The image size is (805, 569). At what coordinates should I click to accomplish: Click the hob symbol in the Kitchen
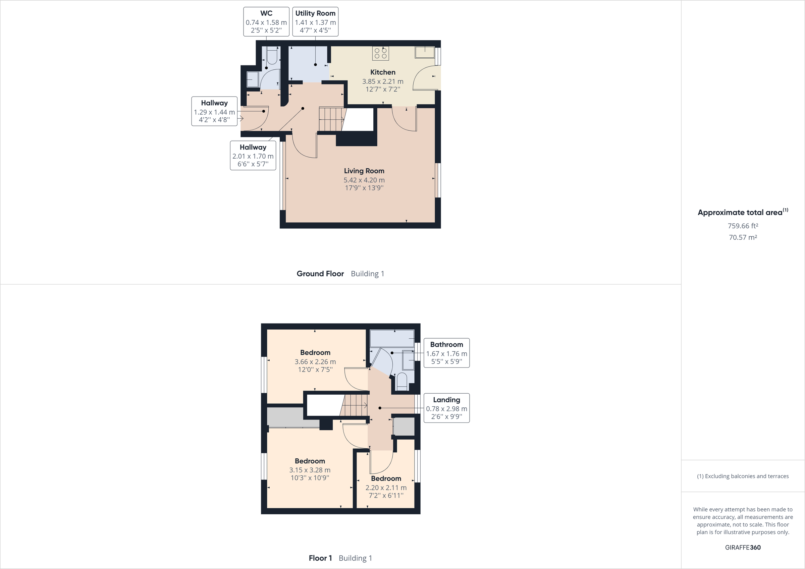[380, 53]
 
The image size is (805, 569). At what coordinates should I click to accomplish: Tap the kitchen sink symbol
[425, 53]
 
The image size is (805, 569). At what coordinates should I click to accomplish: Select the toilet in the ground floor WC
[272, 56]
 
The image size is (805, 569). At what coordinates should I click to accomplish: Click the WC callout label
[266, 21]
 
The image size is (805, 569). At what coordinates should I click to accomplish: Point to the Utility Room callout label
[315, 21]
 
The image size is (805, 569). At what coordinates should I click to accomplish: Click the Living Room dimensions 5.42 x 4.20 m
[364, 180]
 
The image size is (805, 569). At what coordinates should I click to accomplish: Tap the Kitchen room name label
[382, 72]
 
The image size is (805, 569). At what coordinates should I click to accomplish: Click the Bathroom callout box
[446, 353]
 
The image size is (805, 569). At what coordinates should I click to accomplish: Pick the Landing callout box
[446, 408]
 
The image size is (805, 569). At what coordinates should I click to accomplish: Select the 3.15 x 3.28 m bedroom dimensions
[310, 470]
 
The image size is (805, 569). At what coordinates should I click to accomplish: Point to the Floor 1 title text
[320, 558]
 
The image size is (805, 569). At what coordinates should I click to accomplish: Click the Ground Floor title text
[320, 274]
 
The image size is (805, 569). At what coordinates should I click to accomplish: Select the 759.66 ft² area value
[743, 226]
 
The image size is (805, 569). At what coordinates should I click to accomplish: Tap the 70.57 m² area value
[743, 237]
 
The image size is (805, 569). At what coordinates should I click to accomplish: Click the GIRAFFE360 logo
[743, 547]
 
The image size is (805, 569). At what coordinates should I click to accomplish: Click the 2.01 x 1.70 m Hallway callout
[253, 155]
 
